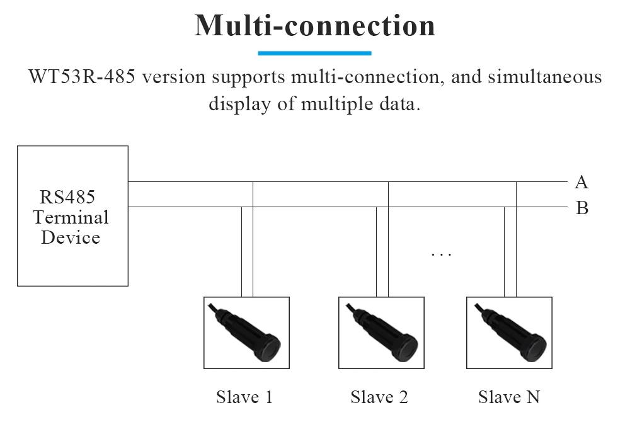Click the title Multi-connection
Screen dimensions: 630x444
314,25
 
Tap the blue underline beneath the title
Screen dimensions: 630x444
314,53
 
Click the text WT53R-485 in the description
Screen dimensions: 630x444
82,76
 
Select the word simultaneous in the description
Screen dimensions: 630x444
545,76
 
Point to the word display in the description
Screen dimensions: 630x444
239,104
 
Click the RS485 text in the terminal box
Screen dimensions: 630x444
67,197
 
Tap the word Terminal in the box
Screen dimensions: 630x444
71,217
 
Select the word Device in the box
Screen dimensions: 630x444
71,237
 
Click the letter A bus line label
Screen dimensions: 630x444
581,182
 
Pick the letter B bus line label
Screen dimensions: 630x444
582,208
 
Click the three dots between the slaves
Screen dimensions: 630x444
441,254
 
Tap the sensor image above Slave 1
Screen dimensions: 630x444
247,333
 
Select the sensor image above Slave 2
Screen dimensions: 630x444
381,333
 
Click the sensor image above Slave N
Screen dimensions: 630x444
509,333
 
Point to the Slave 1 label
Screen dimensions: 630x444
244,397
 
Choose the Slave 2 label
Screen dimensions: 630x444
379,397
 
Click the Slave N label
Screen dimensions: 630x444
509,397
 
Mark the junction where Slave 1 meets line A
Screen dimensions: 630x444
253,181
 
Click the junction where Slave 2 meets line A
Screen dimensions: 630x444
389,181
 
